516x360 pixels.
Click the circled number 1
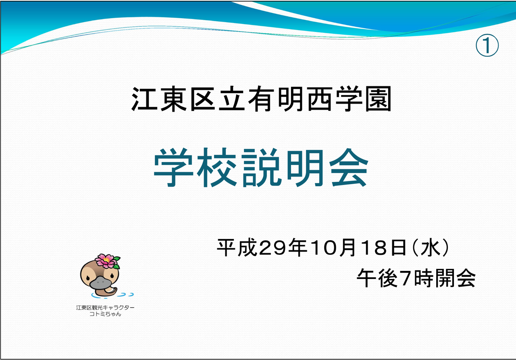487,46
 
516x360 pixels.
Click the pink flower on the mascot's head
106,261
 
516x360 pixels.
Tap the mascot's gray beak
100,283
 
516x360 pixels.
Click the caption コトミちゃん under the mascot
105,314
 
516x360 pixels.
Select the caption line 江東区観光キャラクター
105,308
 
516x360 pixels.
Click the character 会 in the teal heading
349,167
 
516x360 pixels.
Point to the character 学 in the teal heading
173,167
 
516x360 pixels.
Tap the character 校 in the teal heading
217,167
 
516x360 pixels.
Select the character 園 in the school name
379,99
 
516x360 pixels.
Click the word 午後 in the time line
377,278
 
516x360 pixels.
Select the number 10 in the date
325,248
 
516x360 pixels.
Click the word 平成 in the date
237,248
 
